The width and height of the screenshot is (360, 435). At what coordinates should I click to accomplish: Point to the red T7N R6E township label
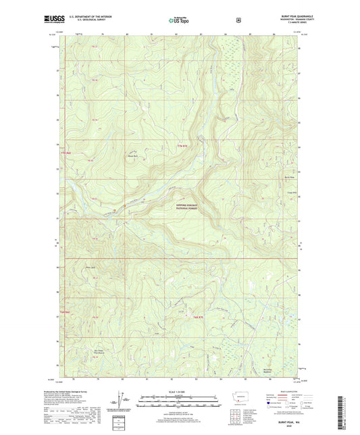(65, 153)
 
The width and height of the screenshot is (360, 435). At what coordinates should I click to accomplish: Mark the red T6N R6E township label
(64, 311)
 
